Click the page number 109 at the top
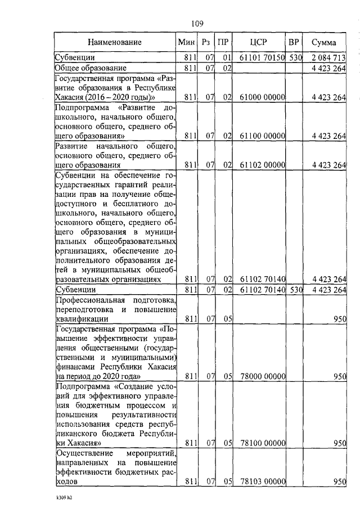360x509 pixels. [196, 24]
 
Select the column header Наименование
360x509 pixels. [114, 42]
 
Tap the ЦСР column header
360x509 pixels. [259, 42]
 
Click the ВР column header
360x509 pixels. [294, 42]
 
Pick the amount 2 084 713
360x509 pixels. [327, 57]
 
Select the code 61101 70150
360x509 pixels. [263, 57]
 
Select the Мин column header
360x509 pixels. [186, 42]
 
